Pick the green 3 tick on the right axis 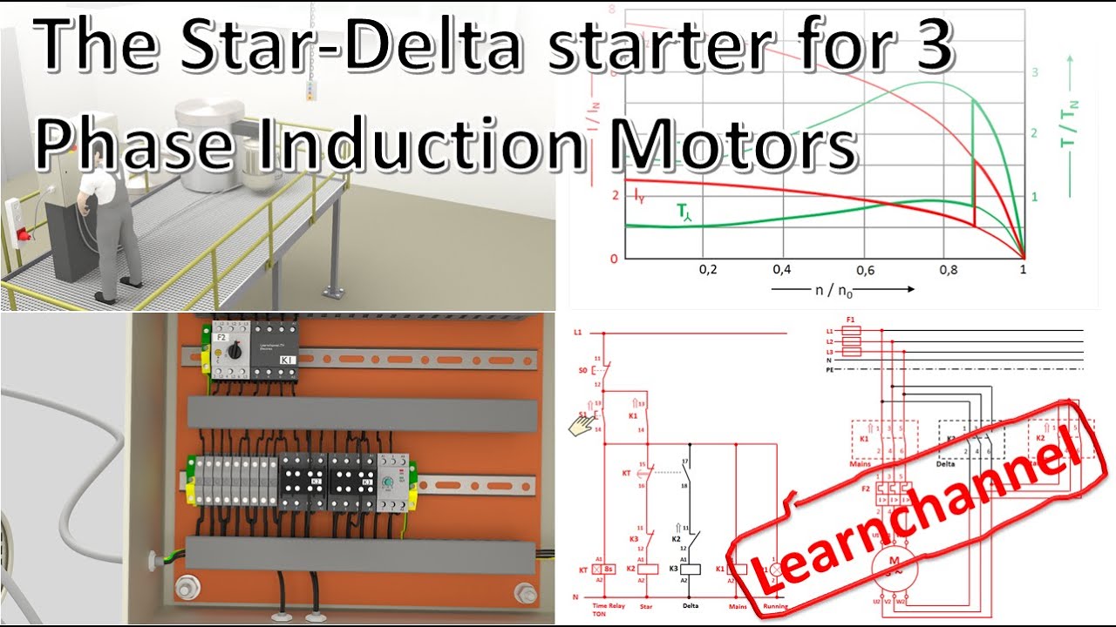click(1035, 72)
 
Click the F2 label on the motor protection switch click(221, 337)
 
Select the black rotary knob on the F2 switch click(235, 350)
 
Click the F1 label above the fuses click(850, 320)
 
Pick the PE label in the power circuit click(830, 369)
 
